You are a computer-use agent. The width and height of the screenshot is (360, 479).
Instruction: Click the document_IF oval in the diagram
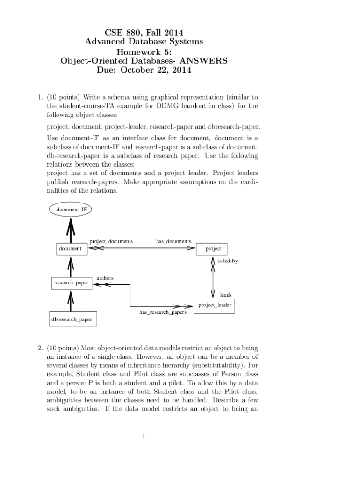pyautogui.click(x=71, y=210)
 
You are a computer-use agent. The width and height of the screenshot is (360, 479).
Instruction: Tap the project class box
pyautogui.click(x=213, y=249)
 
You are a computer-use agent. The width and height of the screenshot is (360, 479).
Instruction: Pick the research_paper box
pyautogui.click(x=71, y=283)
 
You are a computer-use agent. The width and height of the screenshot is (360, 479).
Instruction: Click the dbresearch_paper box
pyautogui.click(x=72, y=319)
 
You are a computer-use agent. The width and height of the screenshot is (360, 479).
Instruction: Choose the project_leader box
pyautogui.click(x=214, y=305)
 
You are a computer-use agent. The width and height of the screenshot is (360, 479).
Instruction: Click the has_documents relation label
pyautogui.click(x=173, y=241)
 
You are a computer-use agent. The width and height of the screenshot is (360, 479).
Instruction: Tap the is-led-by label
pyautogui.click(x=228, y=261)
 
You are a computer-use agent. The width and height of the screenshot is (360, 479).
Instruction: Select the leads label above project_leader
pyautogui.click(x=225, y=295)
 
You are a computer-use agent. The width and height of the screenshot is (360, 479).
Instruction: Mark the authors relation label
pyautogui.click(x=105, y=278)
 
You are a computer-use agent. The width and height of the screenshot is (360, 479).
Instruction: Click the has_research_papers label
pyautogui.click(x=163, y=312)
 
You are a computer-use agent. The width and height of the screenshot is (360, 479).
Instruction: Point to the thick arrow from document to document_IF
pyautogui.click(x=71, y=230)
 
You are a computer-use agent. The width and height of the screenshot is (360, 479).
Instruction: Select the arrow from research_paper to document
pyautogui.click(x=71, y=267)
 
